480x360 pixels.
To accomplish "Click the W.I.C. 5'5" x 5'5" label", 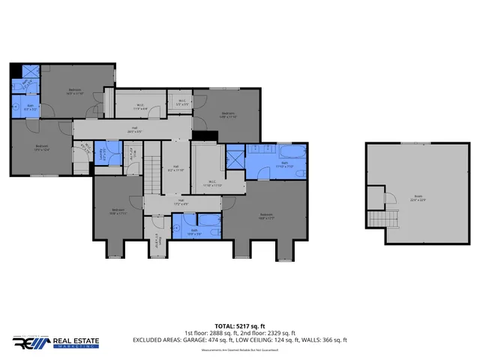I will (182, 103).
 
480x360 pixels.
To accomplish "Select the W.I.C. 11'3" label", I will (140, 106).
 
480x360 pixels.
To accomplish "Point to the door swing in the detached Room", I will (388, 199).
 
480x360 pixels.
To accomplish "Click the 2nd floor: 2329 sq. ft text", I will (266, 332).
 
